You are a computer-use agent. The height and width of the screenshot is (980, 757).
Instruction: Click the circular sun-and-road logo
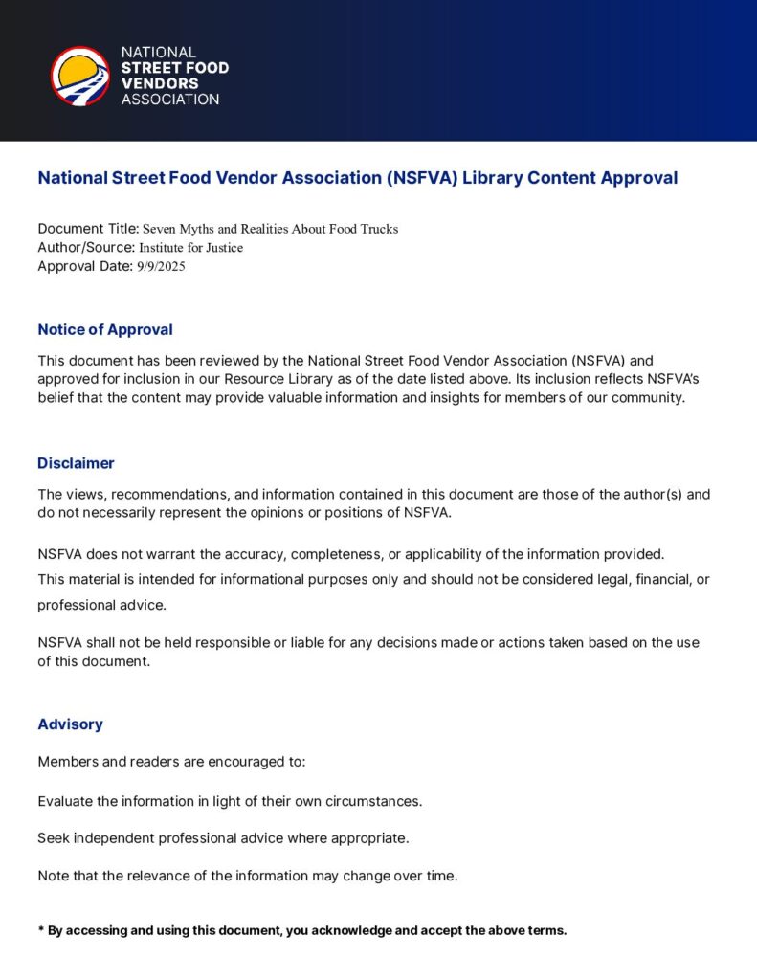coord(79,76)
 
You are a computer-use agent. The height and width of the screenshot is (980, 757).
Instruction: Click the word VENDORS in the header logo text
coord(160,83)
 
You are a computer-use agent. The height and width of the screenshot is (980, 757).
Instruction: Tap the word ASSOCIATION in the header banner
coord(170,100)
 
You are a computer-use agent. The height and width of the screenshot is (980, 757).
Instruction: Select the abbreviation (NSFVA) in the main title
coord(422,178)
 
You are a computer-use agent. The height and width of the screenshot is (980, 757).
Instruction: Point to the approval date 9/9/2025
coord(161,267)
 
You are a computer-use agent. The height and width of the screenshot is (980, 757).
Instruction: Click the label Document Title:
coord(88,229)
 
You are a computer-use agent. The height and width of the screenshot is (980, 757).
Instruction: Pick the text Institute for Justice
coord(191,248)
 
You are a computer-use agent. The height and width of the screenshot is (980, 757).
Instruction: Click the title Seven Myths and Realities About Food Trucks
coord(270,229)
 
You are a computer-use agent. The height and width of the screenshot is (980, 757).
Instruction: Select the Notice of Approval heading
coord(105,329)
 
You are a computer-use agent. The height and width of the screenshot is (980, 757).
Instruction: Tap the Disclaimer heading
coord(76,463)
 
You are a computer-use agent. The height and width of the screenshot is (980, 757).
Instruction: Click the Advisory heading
coord(70,724)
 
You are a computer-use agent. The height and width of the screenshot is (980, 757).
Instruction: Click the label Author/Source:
coord(86,248)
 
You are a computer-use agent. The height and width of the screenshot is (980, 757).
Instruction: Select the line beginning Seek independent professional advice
coord(223,838)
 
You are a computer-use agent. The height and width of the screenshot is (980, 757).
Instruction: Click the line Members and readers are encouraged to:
coord(171,762)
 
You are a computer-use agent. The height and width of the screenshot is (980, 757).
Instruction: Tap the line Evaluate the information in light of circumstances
coord(230,800)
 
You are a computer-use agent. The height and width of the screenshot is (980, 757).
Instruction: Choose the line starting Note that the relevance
coord(248,876)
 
